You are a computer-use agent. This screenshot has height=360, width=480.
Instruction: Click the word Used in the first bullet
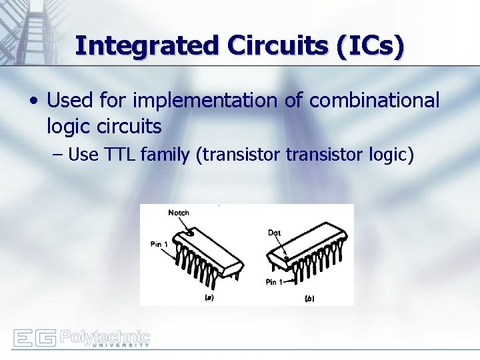(69, 101)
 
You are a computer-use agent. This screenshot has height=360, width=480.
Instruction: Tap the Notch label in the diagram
(179, 213)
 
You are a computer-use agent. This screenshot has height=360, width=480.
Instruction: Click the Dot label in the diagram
(274, 233)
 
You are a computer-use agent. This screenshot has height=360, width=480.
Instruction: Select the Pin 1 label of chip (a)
(159, 245)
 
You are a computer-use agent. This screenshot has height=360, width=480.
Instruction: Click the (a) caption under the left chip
(209, 299)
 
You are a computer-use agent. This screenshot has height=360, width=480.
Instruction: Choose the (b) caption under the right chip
(309, 299)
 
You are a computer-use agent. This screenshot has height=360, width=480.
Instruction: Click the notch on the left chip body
(190, 233)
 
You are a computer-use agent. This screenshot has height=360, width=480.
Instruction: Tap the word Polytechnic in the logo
(105, 335)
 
